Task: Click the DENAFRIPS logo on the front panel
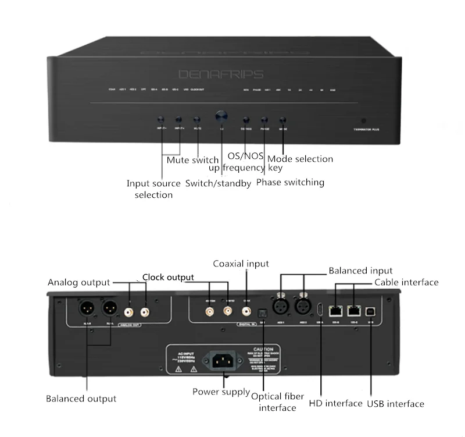tap(229, 74)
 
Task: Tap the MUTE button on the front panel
tap(197, 119)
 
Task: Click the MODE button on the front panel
tap(282, 119)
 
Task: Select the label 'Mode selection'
tap(300, 159)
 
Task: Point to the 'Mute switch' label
tap(192, 160)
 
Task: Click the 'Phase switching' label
tap(290, 182)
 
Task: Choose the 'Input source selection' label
tap(153, 189)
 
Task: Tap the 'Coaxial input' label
tap(241, 264)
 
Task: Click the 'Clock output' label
tap(168, 277)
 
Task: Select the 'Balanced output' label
tap(81, 399)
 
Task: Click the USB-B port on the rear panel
tap(371, 311)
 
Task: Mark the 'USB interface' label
tap(395, 403)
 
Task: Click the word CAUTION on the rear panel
tap(263, 349)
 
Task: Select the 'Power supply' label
tap(221, 392)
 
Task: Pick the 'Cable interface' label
tap(406, 282)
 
